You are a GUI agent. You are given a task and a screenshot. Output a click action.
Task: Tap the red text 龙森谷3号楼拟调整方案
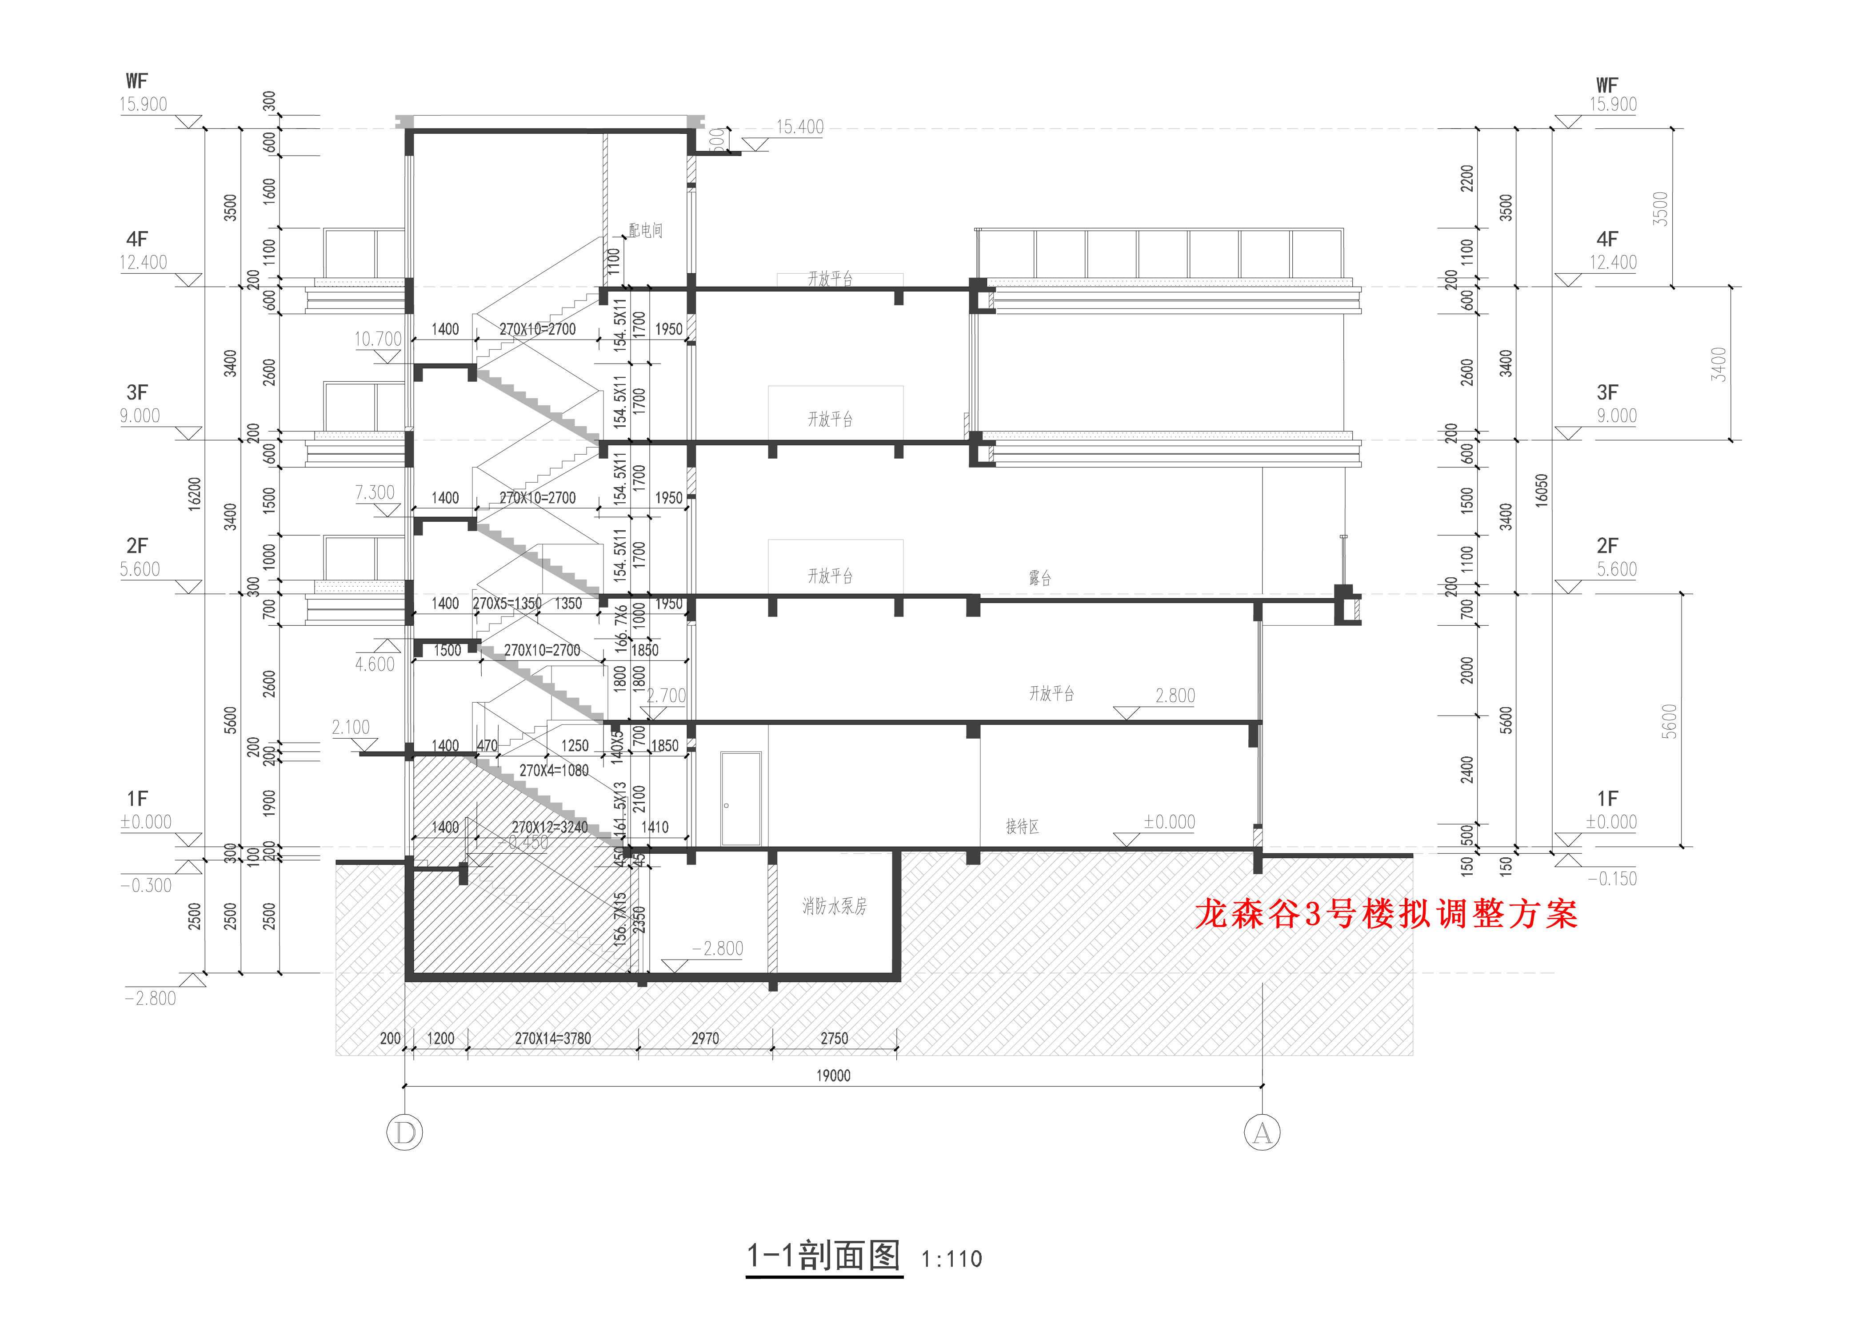tap(1386, 914)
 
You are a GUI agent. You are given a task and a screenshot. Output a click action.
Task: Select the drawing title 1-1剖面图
tap(823, 1256)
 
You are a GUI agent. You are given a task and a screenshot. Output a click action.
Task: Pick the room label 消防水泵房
tap(834, 906)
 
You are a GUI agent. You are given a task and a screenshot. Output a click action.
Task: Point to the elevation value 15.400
tap(799, 127)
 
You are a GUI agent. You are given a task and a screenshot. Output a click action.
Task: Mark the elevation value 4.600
tap(374, 664)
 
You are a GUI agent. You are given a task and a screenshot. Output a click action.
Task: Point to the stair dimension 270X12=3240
tap(550, 828)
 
